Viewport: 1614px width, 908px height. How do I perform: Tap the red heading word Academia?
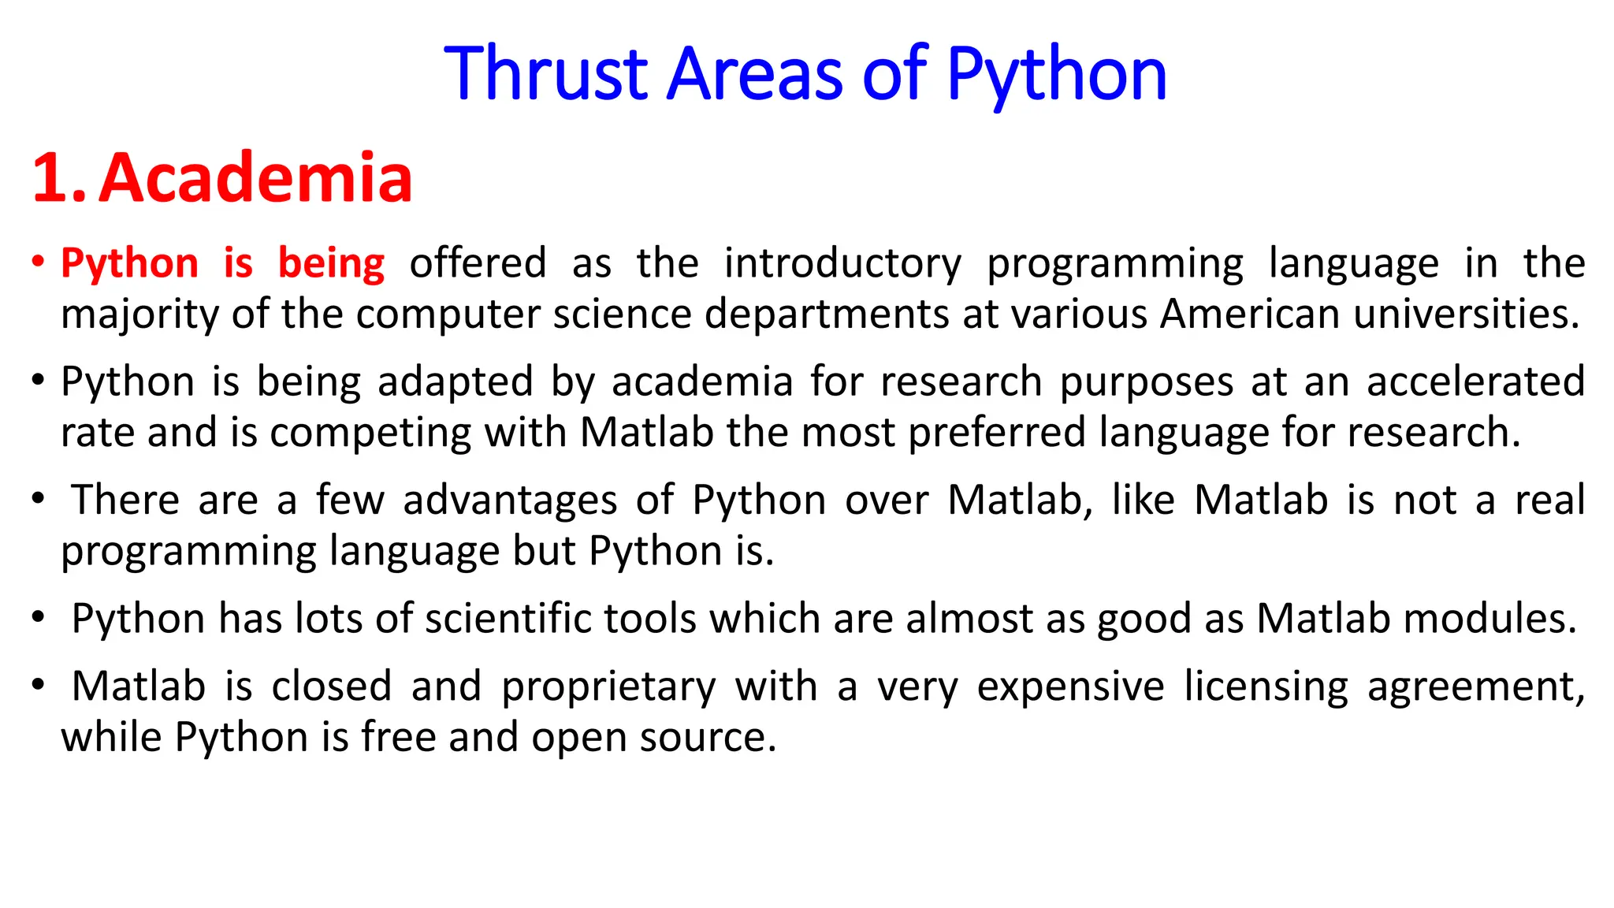click(x=255, y=178)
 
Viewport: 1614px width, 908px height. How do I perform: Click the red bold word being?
click(x=331, y=263)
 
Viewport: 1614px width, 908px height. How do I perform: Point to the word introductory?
click(x=842, y=263)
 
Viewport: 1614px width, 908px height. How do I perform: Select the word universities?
click(x=1467, y=314)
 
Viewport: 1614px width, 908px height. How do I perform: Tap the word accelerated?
click(x=1475, y=381)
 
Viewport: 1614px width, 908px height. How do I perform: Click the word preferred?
click(x=997, y=433)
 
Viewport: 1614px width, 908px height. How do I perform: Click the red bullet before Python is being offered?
click(x=38, y=262)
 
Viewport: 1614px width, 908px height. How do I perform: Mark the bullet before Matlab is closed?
click(x=38, y=684)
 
